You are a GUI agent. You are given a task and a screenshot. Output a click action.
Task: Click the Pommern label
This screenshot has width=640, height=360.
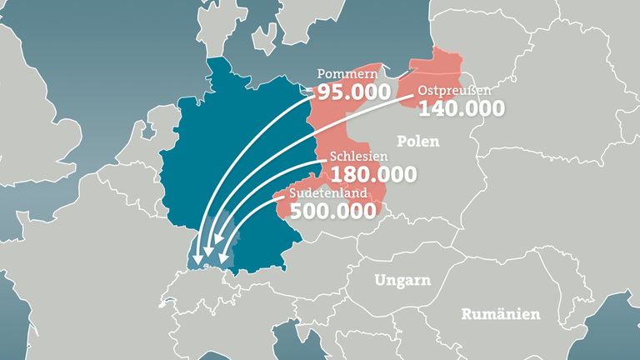point(343,74)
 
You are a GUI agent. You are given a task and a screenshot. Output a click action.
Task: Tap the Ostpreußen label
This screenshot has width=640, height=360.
point(452,90)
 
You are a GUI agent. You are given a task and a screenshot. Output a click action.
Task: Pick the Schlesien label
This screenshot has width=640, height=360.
point(359,157)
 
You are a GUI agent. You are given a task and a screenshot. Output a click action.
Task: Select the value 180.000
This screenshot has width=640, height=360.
point(373,175)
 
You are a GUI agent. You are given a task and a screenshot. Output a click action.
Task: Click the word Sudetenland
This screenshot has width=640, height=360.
point(330,193)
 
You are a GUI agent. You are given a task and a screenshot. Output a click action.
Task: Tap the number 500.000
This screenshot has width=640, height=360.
point(332,211)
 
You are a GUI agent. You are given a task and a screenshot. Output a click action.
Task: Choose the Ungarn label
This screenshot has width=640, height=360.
point(402,280)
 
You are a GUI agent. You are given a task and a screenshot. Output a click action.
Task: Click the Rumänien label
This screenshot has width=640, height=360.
point(500,314)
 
